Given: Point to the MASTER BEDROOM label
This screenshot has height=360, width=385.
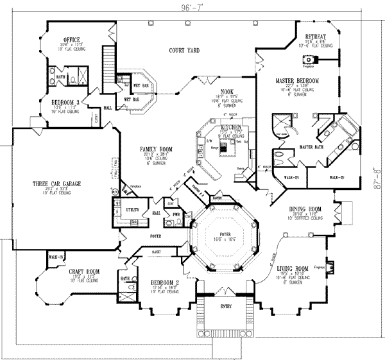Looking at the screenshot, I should pos(298,81).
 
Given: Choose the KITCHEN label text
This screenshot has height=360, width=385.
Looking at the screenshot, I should pos(230,128).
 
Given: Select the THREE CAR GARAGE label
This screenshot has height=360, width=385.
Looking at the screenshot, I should pos(57,184).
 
